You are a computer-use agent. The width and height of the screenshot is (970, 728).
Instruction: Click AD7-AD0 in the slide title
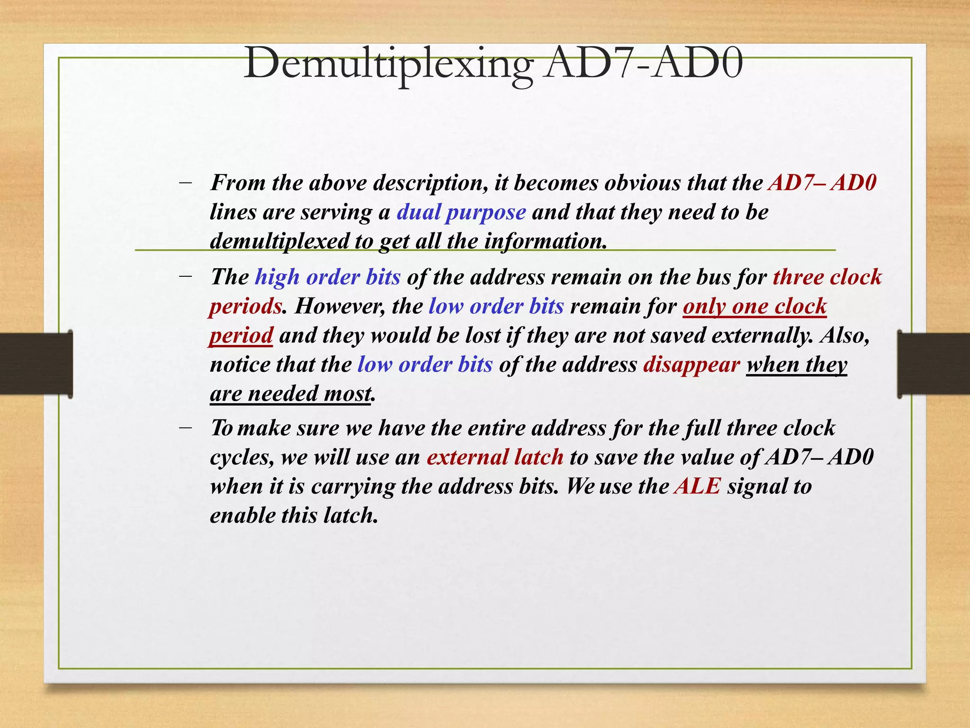[643, 64]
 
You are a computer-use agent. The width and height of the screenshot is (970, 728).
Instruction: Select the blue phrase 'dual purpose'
[461, 212]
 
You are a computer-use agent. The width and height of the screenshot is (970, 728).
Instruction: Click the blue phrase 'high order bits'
[328, 277]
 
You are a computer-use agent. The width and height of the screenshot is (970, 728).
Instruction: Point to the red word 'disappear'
[691, 364]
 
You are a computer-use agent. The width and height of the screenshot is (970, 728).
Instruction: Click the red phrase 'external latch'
[495, 457]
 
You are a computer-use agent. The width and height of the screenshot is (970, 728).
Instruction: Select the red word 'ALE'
[697, 486]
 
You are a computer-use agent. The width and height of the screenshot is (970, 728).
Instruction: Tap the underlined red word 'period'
[241, 336]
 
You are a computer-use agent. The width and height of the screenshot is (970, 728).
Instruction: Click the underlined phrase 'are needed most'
[290, 394]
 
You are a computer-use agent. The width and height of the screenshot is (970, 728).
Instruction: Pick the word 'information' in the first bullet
[545, 241]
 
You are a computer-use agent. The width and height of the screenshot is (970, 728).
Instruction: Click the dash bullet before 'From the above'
[186, 182]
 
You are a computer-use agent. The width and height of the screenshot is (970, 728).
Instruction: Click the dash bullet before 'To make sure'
[186, 427]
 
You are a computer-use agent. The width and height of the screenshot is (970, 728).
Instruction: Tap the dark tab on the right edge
[934, 364]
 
